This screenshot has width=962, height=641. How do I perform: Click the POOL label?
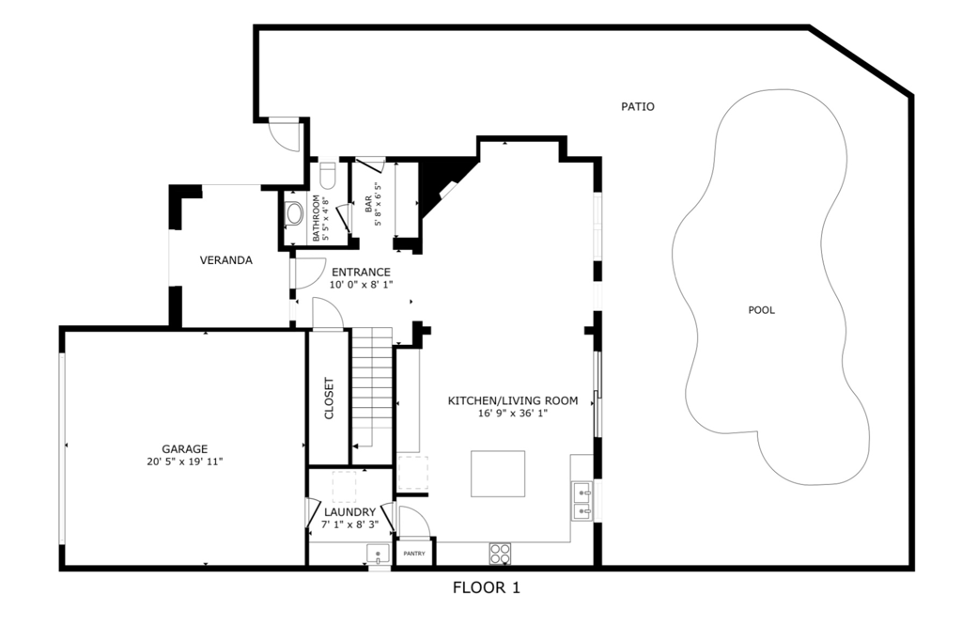pyautogui.click(x=761, y=310)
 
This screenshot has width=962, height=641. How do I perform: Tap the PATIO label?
pyautogui.click(x=637, y=106)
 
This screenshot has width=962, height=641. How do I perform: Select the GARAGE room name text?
pyautogui.click(x=184, y=449)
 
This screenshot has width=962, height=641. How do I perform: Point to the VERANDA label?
pyautogui.click(x=225, y=260)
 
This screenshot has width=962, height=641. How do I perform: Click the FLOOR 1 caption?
pyautogui.click(x=486, y=588)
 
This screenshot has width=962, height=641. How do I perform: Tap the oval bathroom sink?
pyautogui.click(x=295, y=213)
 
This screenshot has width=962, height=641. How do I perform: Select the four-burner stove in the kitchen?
pyautogui.click(x=500, y=554)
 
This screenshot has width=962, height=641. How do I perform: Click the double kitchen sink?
pyautogui.click(x=582, y=501)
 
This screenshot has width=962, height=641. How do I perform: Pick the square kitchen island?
pyautogui.click(x=498, y=474)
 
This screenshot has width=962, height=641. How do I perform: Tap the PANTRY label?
pyautogui.click(x=413, y=554)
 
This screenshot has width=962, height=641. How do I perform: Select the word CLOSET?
pyautogui.click(x=329, y=399)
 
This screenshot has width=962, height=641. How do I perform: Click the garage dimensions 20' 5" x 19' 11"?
pyautogui.click(x=184, y=461)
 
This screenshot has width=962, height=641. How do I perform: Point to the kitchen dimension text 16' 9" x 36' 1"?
pyautogui.click(x=512, y=413)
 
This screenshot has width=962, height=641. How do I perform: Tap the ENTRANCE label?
pyautogui.click(x=361, y=273)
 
